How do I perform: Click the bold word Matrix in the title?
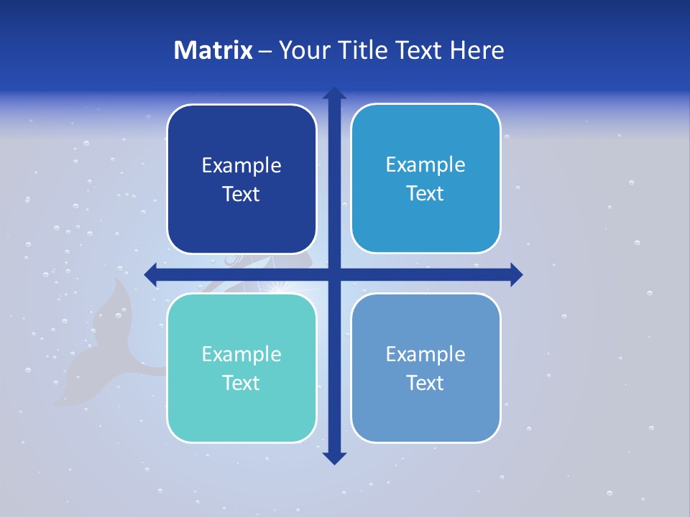(213, 50)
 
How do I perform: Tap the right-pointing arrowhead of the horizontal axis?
(515, 274)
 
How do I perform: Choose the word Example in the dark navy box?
(241, 166)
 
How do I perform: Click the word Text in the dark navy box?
(241, 194)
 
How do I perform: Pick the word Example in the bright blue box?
(425, 165)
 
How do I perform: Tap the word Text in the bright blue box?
(425, 193)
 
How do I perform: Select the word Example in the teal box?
(241, 355)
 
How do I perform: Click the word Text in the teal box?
(241, 383)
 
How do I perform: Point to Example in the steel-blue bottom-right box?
(425, 355)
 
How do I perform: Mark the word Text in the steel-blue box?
(425, 383)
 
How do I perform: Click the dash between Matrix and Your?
(265, 51)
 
